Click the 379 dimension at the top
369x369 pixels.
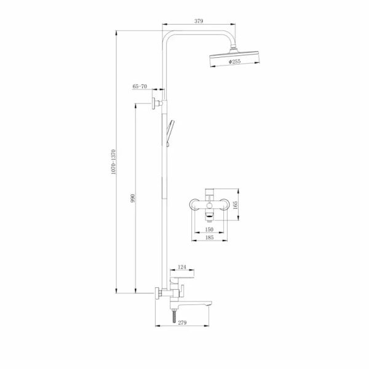(199, 21)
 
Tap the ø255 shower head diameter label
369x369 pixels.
(235, 61)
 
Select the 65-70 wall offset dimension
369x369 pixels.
(140, 86)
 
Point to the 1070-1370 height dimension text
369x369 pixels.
(113, 162)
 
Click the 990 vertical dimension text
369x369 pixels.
(133, 199)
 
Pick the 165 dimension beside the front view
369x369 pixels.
(235, 205)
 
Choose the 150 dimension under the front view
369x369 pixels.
(209, 229)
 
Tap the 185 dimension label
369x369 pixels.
(209, 237)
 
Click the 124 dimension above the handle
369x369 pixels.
(182, 267)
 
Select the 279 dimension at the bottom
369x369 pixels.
(182, 322)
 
